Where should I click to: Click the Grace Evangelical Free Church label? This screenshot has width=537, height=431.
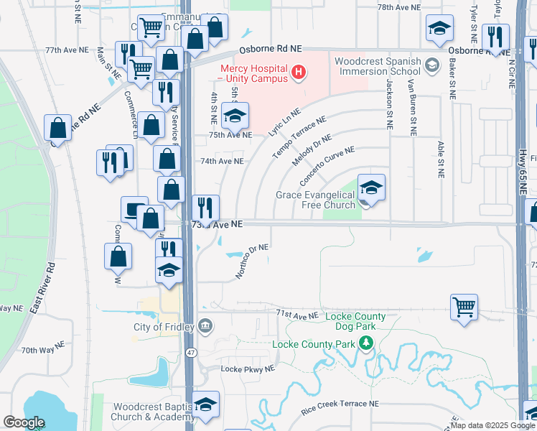pos(316,200)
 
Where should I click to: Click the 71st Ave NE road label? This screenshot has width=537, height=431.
pos(296,314)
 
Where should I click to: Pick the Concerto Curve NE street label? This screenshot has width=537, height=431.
pos(326,164)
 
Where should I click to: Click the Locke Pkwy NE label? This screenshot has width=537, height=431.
pos(248,369)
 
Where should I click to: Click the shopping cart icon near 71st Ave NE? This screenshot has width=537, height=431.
pos(464,307)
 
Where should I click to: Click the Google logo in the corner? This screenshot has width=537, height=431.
pos(24,422)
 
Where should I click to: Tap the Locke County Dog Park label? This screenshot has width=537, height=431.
pos(355,321)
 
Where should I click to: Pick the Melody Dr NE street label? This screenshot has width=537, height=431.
pos(312,149)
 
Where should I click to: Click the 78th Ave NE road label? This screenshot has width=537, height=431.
pos(398,7)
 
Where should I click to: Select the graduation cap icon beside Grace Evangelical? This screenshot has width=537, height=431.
pos(370,188)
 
